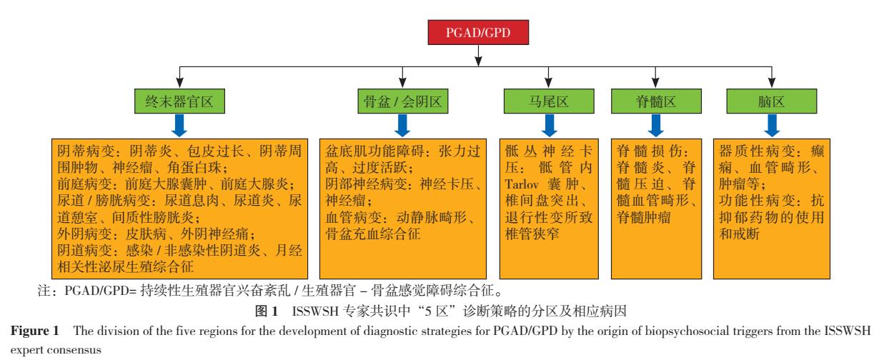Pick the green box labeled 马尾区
coord(547,102)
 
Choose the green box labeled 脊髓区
coord(653,102)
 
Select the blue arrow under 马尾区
coord(547,126)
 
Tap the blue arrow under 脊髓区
coord(653,126)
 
